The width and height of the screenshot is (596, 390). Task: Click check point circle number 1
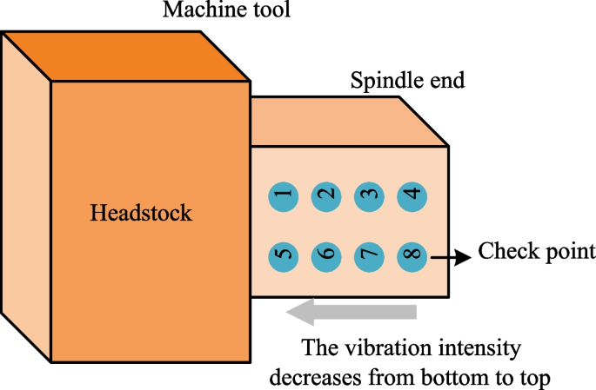(x=282, y=195)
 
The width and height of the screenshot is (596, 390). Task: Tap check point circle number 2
(x=326, y=195)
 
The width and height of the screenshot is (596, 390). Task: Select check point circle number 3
(x=369, y=195)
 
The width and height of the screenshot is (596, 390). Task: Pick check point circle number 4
(x=412, y=195)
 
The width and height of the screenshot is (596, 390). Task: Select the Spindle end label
(x=407, y=83)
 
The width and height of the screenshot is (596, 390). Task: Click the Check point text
(x=537, y=254)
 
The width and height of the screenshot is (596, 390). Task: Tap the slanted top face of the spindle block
(x=348, y=122)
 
